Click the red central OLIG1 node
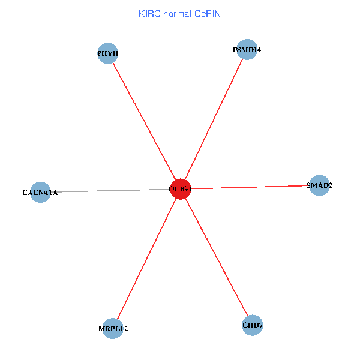[x=180, y=190]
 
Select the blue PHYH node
[x=107, y=53]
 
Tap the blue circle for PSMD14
[x=247, y=49]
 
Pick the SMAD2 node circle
[x=319, y=185]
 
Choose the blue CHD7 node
[x=253, y=325]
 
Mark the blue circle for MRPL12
[x=113, y=328]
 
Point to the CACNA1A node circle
[x=40, y=193]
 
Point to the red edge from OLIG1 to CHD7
[x=217, y=258]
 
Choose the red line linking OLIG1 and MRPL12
[x=146, y=259]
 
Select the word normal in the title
[x=176, y=13]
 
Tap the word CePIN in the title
[x=208, y=13]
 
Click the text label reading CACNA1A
[x=40, y=193]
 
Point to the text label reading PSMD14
[x=247, y=50]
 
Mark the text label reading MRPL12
[x=113, y=329]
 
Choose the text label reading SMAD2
[x=319, y=185]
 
